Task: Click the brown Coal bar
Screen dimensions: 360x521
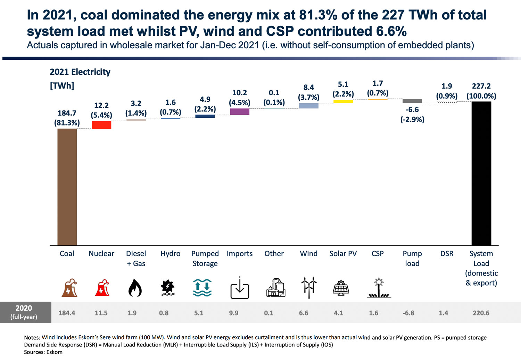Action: (x=67, y=187)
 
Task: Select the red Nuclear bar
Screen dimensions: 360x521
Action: (x=101, y=125)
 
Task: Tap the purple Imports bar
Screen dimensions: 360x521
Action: (x=240, y=112)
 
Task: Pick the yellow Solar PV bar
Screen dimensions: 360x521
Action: (x=343, y=101)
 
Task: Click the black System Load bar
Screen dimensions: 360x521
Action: (x=481, y=173)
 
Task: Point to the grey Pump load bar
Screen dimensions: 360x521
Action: (x=412, y=101)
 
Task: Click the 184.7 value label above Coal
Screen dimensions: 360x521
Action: (x=67, y=113)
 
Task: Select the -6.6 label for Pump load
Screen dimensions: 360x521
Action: (x=412, y=110)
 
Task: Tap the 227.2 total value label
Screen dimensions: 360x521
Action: (x=481, y=86)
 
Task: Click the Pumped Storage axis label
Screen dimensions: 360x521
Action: (x=205, y=259)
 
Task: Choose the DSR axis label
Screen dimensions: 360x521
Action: (x=447, y=254)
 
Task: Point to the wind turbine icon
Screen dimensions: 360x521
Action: (x=309, y=287)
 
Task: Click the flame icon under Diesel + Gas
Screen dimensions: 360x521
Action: (x=135, y=288)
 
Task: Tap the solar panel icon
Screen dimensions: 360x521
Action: (x=341, y=288)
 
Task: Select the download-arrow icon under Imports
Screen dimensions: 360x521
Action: (x=240, y=288)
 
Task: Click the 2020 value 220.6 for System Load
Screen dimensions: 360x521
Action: (x=481, y=313)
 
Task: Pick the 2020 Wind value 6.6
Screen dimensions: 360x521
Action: (x=304, y=313)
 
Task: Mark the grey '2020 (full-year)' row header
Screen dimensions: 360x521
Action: (x=24, y=312)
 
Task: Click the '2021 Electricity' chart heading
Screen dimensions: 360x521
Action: (x=80, y=72)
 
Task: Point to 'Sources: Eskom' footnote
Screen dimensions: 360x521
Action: (x=43, y=352)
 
